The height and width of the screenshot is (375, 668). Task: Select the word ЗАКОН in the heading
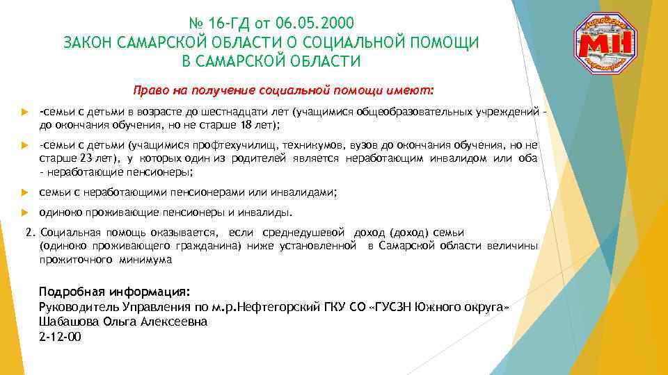[x=88, y=42]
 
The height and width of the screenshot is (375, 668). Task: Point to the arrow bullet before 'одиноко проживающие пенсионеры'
[x=24, y=212]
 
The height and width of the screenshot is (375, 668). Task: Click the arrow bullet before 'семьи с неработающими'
[x=24, y=192]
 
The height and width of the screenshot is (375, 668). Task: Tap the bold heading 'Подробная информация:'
[x=114, y=292]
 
